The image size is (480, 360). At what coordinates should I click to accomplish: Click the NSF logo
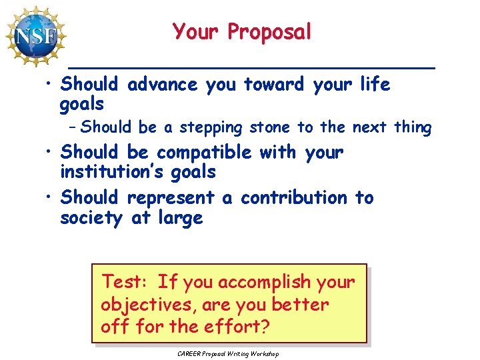pyautogui.click(x=36, y=35)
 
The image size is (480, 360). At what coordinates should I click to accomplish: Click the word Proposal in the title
pyautogui.click(x=270, y=31)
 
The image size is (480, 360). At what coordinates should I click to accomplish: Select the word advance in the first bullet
pyautogui.click(x=162, y=85)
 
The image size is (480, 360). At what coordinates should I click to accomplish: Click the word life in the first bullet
pyautogui.click(x=375, y=85)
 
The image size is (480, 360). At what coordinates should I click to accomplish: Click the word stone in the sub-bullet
pyautogui.click(x=273, y=127)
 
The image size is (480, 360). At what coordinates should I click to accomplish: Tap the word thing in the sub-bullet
pyautogui.click(x=413, y=127)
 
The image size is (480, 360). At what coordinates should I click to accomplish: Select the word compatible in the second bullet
pyautogui.click(x=204, y=153)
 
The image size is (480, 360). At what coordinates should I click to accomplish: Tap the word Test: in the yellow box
pyautogui.click(x=125, y=283)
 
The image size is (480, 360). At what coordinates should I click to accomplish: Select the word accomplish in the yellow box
pyautogui.click(x=257, y=283)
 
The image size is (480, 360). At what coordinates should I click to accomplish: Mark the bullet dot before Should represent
pyautogui.click(x=51, y=198)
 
